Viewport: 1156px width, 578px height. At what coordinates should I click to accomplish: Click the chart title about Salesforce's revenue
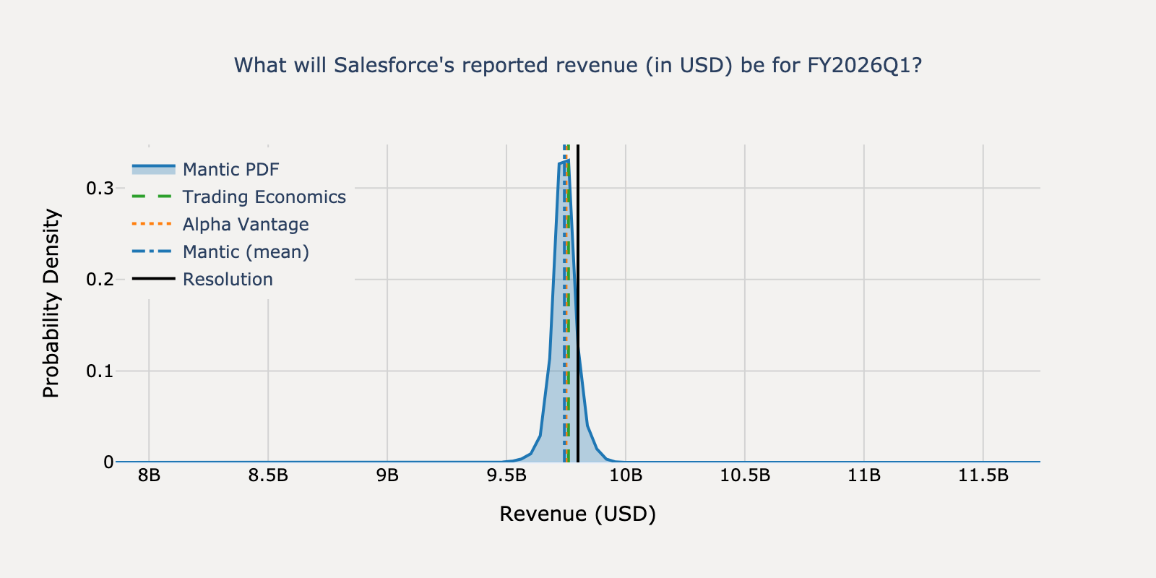pyautogui.click(x=578, y=66)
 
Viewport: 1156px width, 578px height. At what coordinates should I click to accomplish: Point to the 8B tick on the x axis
pyautogui.click(x=149, y=475)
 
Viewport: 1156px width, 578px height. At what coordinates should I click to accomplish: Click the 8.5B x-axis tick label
pyautogui.click(x=268, y=475)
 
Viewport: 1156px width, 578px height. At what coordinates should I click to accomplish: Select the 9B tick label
pyautogui.click(x=387, y=475)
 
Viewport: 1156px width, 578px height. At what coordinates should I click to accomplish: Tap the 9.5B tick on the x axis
pyautogui.click(x=506, y=475)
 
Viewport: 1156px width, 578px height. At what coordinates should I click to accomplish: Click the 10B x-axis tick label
pyautogui.click(x=626, y=475)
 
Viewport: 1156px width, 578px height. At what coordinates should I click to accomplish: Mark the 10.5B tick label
pyautogui.click(x=745, y=475)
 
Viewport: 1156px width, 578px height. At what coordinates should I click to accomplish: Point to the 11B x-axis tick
pyautogui.click(x=864, y=475)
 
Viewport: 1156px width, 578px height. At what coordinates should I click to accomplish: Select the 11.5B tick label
pyautogui.click(x=983, y=475)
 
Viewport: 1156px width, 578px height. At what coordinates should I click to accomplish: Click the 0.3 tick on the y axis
pyautogui.click(x=100, y=188)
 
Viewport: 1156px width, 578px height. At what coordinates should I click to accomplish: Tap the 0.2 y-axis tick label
pyautogui.click(x=100, y=280)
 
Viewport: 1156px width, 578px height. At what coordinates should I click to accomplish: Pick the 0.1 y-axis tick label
pyautogui.click(x=100, y=371)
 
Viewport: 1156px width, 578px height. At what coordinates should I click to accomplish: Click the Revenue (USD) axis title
pyautogui.click(x=577, y=514)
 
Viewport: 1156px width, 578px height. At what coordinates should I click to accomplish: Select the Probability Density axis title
pyautogui.click(x=51, y=303)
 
